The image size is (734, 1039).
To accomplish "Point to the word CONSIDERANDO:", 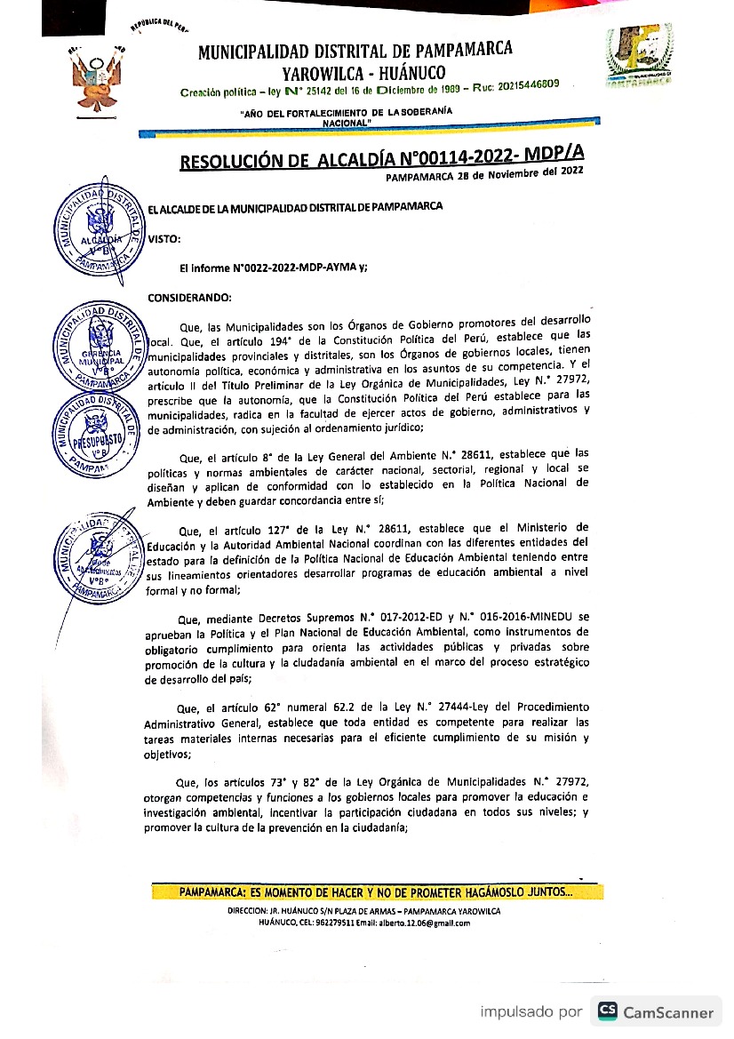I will (189, 297).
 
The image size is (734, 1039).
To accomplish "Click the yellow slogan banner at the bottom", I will (375, 891).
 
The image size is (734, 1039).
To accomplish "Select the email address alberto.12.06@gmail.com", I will (427, 923).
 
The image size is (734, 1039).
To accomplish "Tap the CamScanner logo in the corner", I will (657, 1011).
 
